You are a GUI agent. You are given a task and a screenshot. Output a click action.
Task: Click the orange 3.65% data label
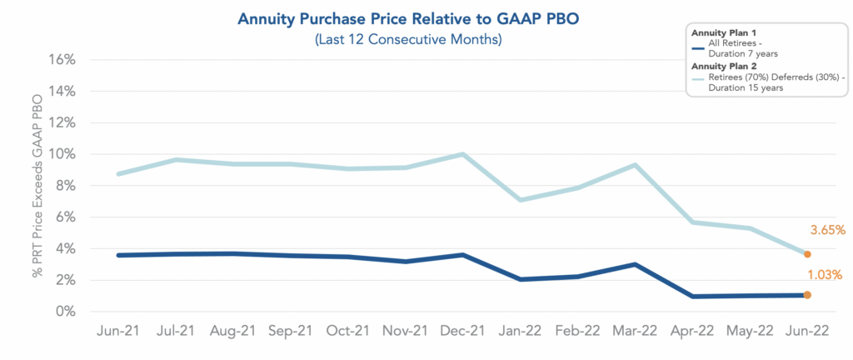(827, 229)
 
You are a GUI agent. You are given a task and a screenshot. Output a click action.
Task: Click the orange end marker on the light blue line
(807, 254)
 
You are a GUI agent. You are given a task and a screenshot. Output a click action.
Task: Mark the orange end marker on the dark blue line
(807, 295)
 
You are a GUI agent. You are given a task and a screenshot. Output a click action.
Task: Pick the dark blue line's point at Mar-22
(635, 264)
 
